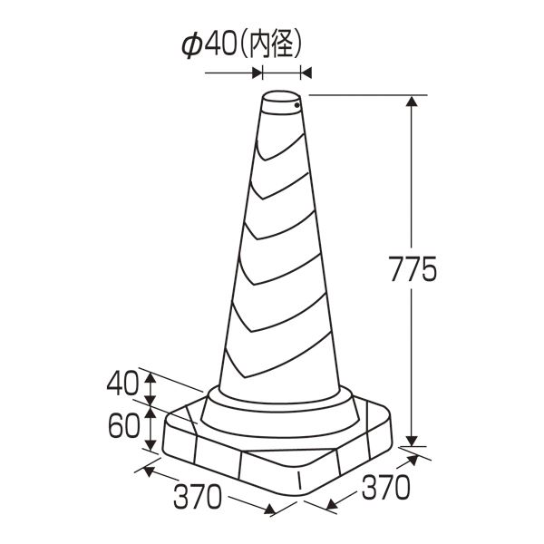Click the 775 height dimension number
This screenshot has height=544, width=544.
coord(413,269)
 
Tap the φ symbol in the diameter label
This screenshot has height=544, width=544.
coord(191,46)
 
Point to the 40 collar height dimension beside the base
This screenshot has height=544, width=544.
coord(122,384)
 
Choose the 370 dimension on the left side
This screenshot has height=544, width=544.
coord(197,497)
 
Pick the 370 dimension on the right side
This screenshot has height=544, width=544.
coord(385,487)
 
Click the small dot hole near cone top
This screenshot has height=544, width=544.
coord(296,105)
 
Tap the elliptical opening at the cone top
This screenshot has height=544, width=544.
coord(281,97)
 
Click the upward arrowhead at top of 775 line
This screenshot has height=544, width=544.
coord(412,101)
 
